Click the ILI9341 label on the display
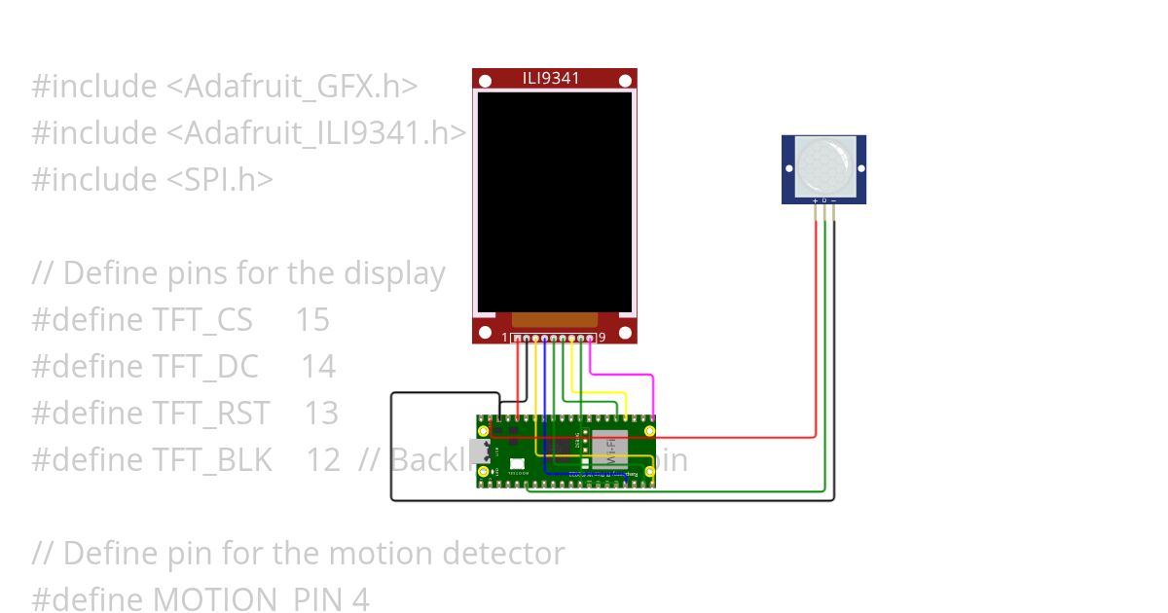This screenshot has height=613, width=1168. click(551, 78)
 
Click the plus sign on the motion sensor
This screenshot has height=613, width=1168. click(815, 200)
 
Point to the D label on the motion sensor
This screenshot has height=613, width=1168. click(824, 200)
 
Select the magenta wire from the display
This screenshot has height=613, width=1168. click(623, 374)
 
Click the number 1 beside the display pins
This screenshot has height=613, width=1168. click(505, 338)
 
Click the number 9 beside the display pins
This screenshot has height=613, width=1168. click(602, 338)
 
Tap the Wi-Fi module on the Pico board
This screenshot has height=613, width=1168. click(609, 449)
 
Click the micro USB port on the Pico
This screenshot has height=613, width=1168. click(479, 451)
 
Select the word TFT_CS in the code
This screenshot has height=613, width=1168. click(202, 320)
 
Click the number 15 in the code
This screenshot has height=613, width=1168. click(312, 320)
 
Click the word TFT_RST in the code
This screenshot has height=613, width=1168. click(210, 414)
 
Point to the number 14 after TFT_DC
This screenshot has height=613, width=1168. click(317, 367)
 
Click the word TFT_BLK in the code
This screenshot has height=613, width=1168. click(212, 460)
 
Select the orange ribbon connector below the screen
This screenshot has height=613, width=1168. click(554, 319)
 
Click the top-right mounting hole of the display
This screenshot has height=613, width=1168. click(624, 79)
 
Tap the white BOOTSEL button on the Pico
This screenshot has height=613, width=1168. click(517, 464)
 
